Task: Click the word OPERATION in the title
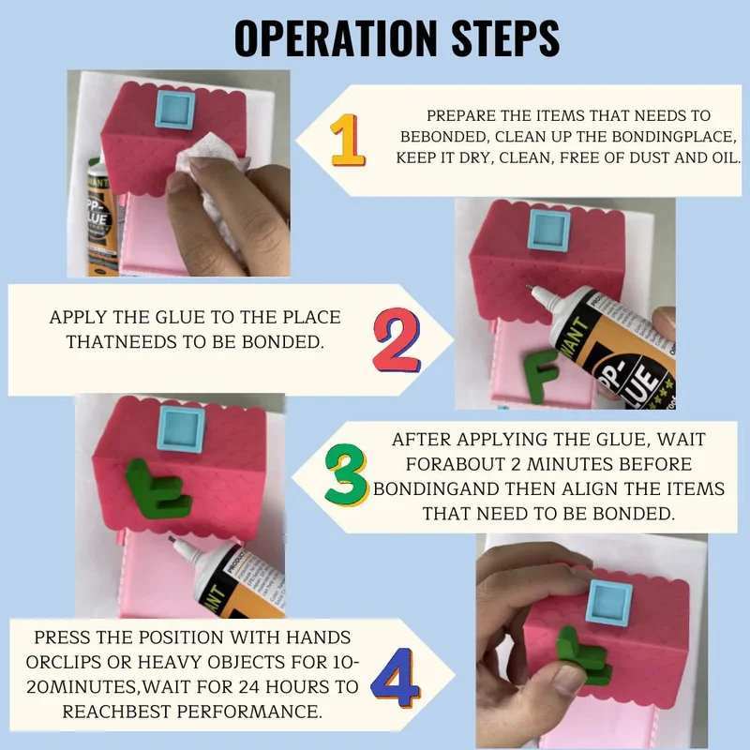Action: coord(336,38)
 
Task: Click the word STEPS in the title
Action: coord(505,38)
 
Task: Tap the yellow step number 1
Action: coord(348,140)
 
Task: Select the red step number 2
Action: coord(396,340)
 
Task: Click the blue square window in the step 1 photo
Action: coord(175,110)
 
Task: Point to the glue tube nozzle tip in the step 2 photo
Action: coord(529,287)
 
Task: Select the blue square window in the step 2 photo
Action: coord(549,230)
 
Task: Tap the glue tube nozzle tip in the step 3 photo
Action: coord(171,539)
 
